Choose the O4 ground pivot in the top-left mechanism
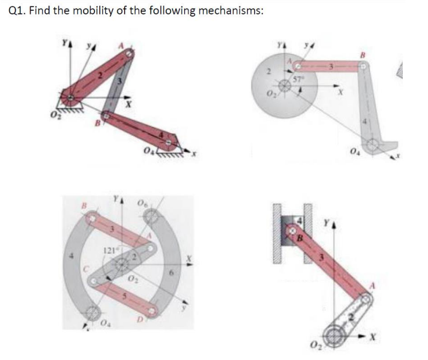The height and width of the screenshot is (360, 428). [x=171, y=143]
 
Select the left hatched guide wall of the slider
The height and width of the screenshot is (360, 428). [x=278, y=234]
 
